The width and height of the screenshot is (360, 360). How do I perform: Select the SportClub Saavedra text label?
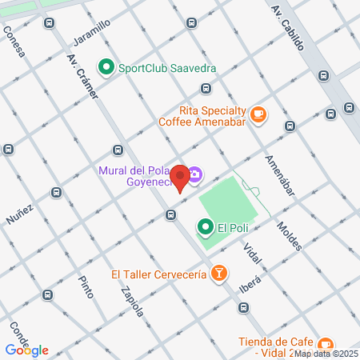click(166, 68)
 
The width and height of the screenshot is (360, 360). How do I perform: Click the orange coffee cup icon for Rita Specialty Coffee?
click(258, 115)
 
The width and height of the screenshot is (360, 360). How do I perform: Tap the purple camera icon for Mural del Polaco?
click(195, 174)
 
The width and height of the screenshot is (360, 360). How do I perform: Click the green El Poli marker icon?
click(206, 229)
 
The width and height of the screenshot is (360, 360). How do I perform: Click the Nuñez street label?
click(20, 214)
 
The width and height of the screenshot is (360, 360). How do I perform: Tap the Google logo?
click(26, 350)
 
